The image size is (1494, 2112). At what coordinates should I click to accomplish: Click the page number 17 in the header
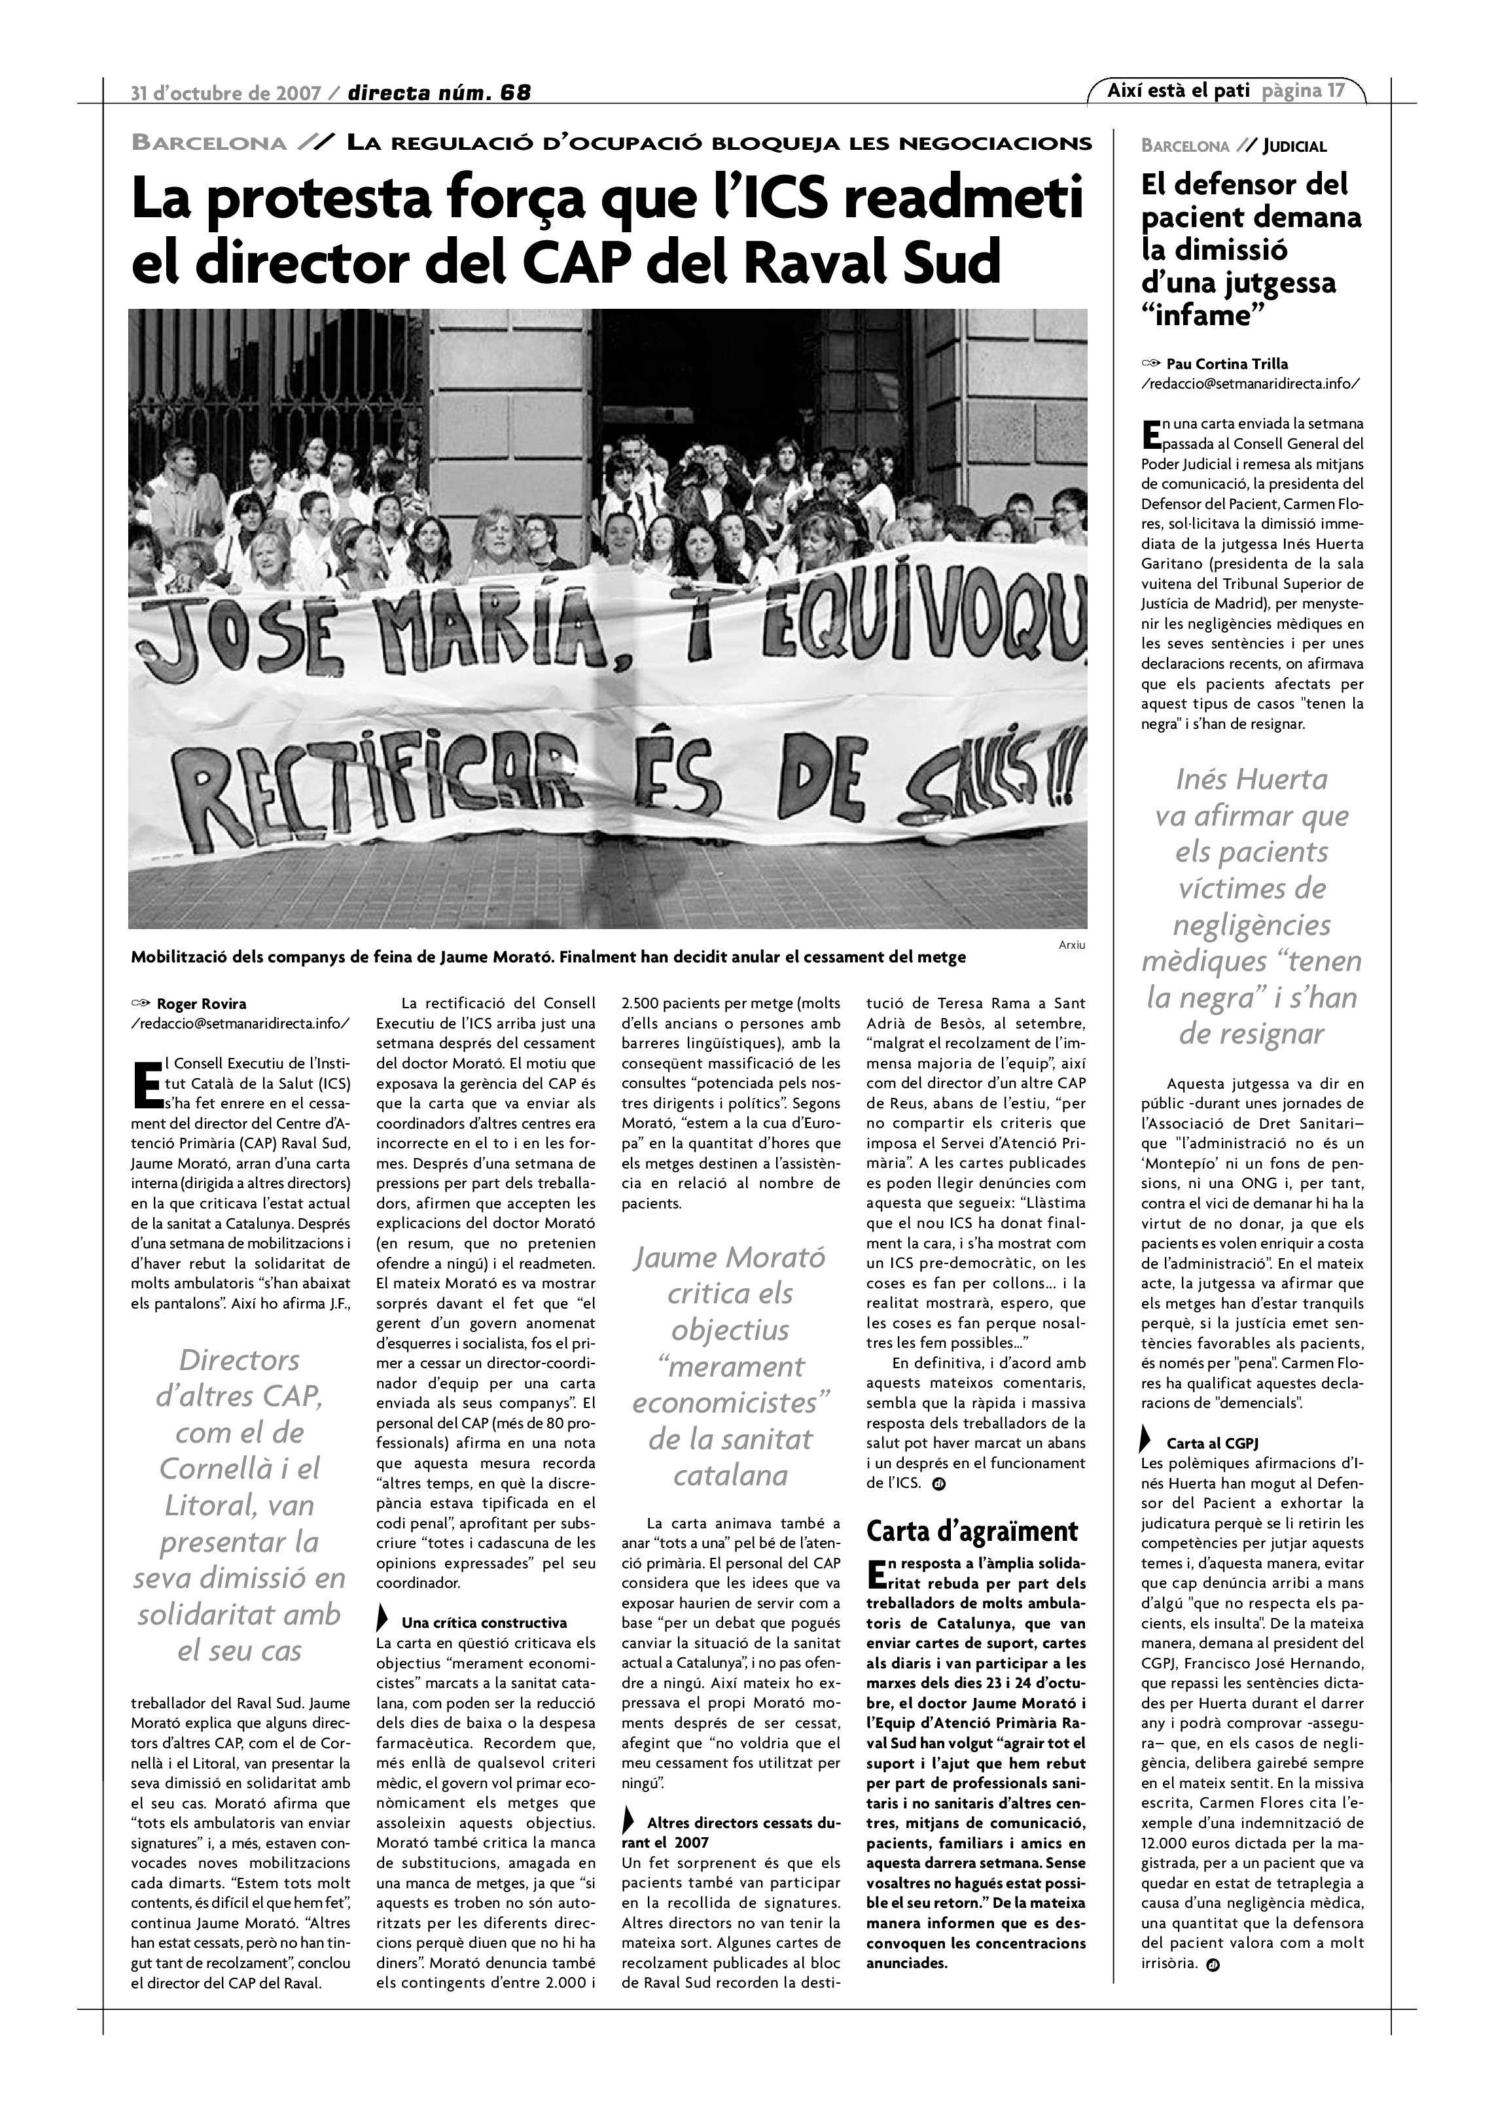click(x=1335, y=90)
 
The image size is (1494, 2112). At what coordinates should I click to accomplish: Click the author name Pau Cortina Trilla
click(x=1227, y=363)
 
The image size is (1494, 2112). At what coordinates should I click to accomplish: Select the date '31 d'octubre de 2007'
click(x=225, y=93)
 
